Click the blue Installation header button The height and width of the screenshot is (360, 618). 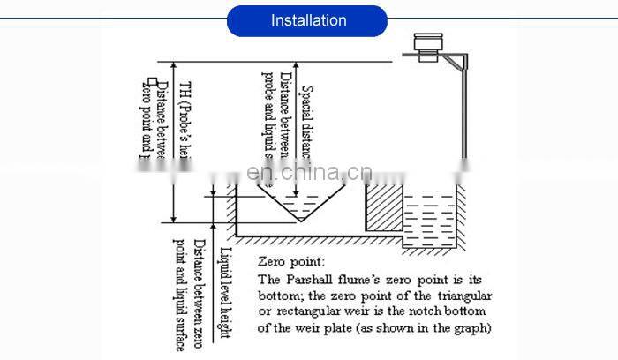pos(307,20)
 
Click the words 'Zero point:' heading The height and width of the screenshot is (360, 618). pos(290,262)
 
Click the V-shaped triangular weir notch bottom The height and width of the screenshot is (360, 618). pos(301,221)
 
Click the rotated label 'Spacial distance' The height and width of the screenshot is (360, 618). pos(308,124)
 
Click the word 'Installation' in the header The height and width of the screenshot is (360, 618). pos(308,20)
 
